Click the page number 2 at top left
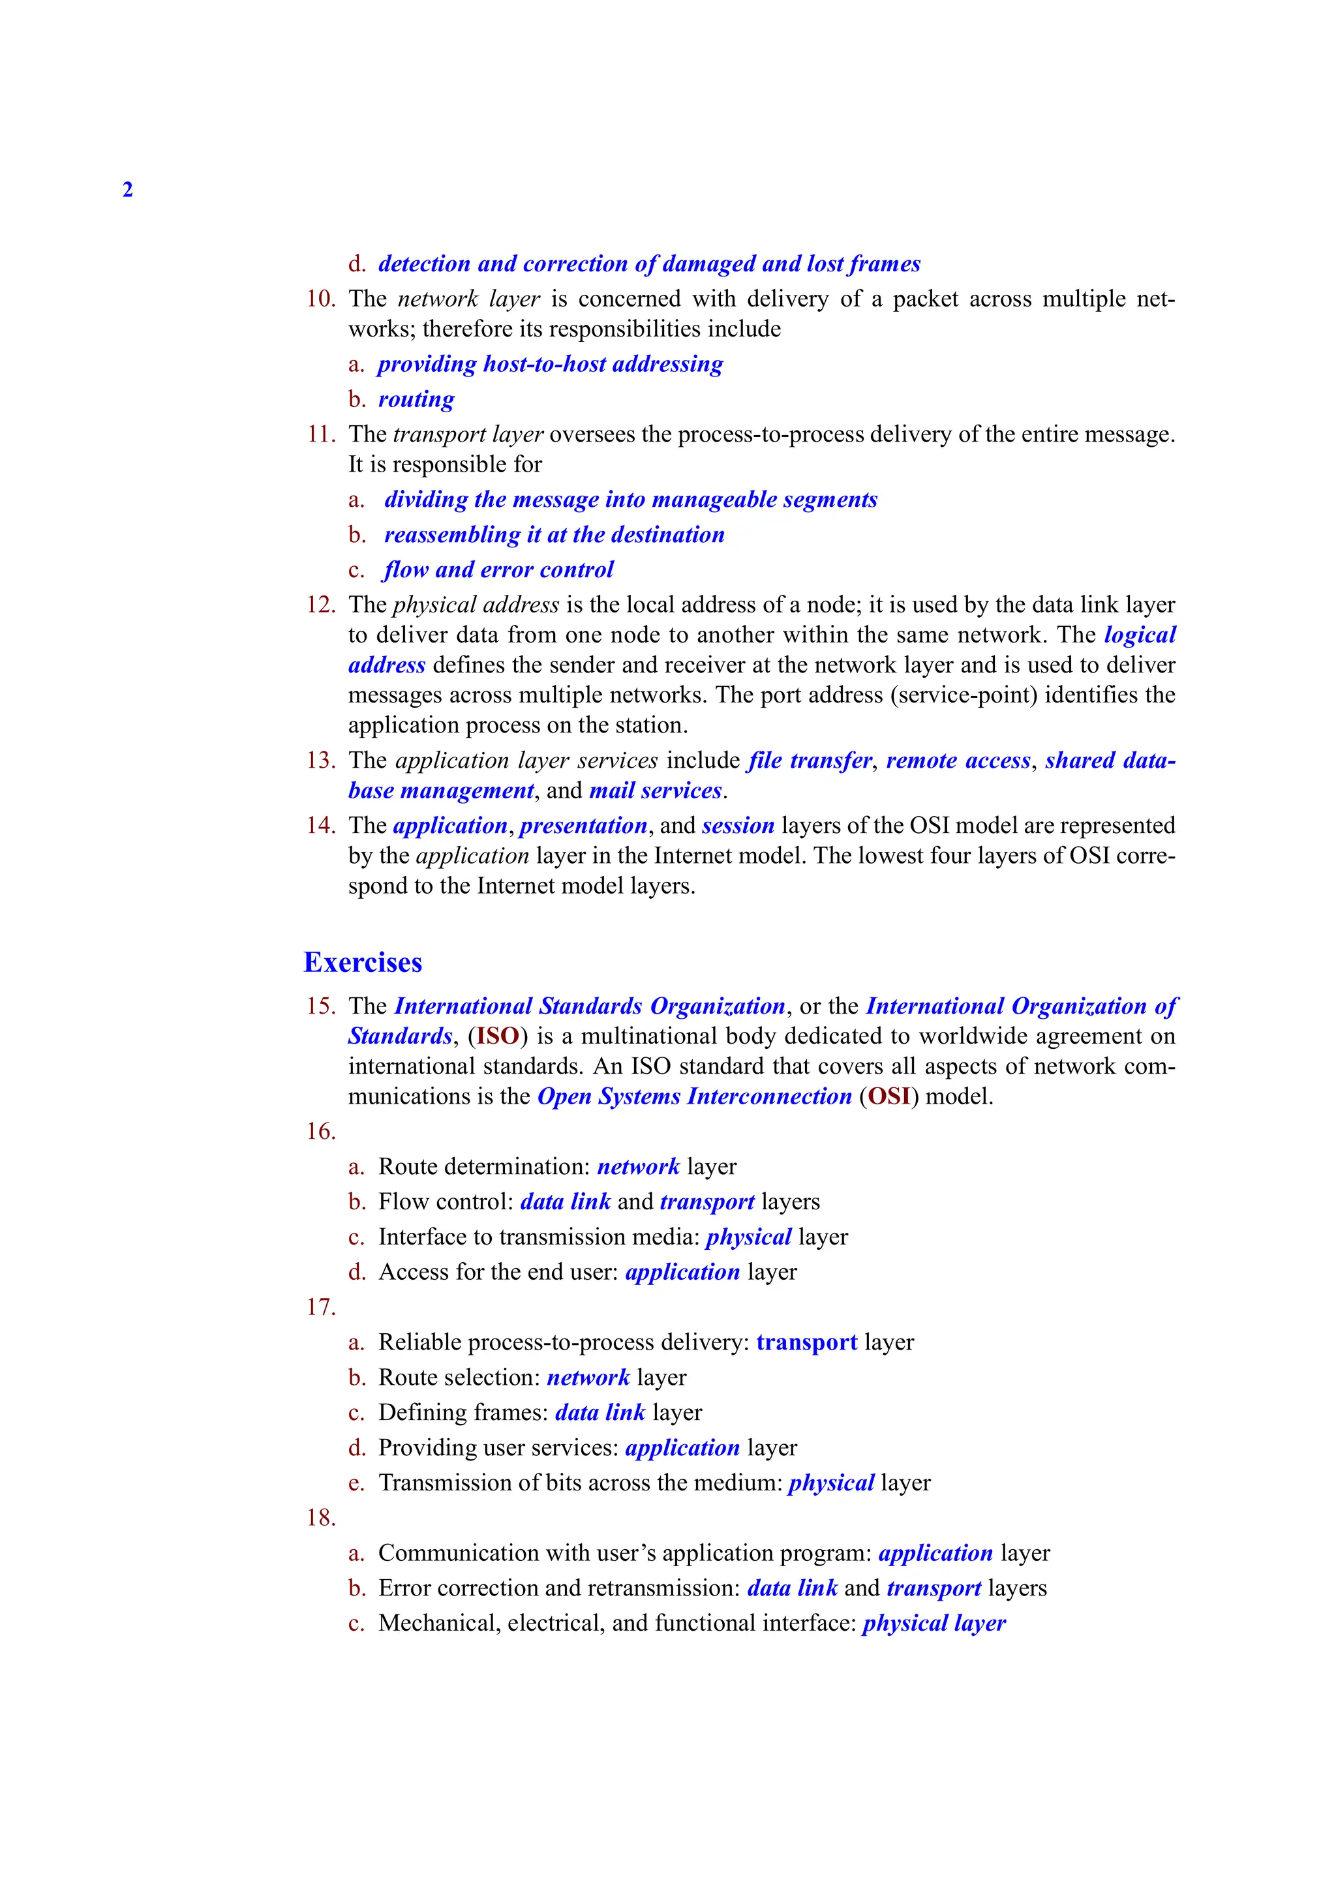pyautogui.click(x=127, y=190)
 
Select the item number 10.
pyautogui.click(x=321, y=299)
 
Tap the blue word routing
pyautogui.click(x=416, y=399)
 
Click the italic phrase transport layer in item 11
pyautogui.click(x=468, y=434)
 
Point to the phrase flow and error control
pyautogui.click(x=498, y=569)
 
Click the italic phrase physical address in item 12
pyautogui.click(x=476, y=605)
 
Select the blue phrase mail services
pyautogui.click(x=655, y=791)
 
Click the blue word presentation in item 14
pyautogui.click(x=583, y=825)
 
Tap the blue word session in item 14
pyautogui.click(x=738, y=825)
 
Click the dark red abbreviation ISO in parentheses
pyautogui.click(x=498, y=1036)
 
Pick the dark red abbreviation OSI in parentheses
pyautogui.click(x=889, y=1096)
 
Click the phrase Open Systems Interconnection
pyautogui.click(x=694, y=1096)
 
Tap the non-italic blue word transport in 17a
pyautogui.click(x=806, y=1342)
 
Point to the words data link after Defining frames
pyautogui.click(x=600, y=1413)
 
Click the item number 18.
pyautogui.click(x=321, y=1517)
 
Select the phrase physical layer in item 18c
pyautogui.click(x=934, y=1624)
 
